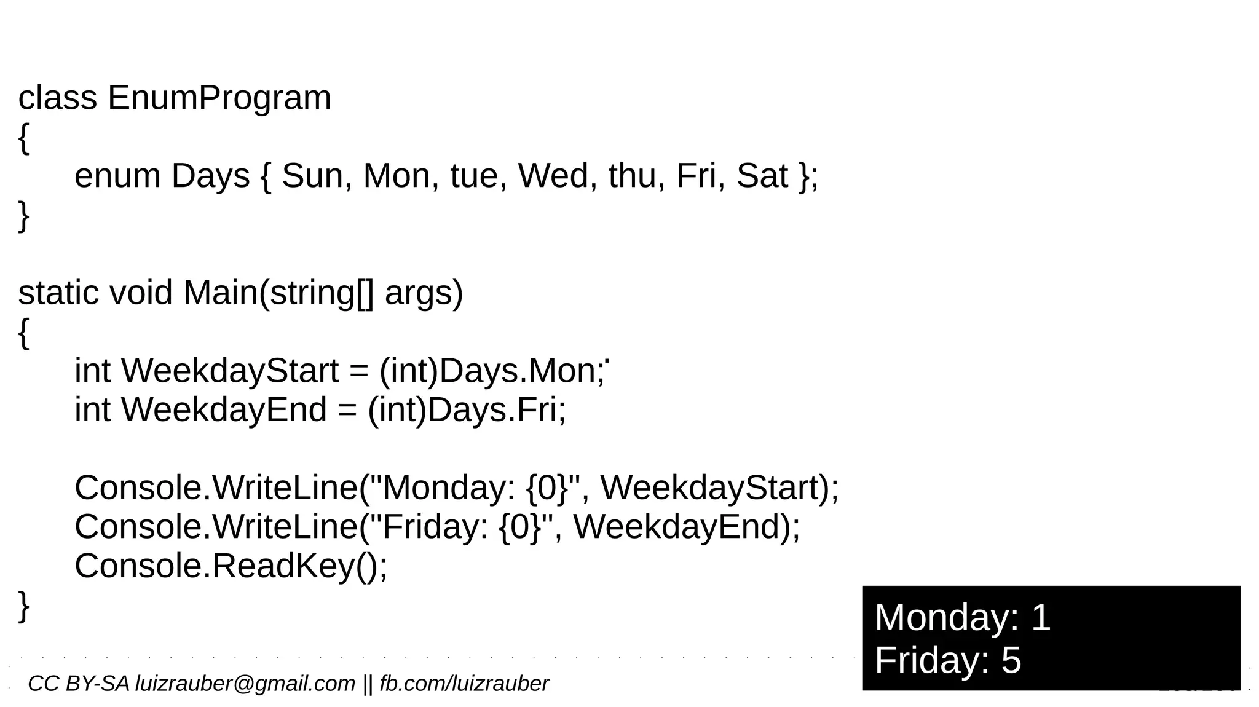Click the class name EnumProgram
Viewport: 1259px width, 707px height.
[219, 98]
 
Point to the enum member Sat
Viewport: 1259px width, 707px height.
[762, 176]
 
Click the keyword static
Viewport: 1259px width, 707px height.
[58, 293]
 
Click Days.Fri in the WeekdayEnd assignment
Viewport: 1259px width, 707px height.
[495, 410]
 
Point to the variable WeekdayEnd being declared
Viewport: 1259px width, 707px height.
[224, 410]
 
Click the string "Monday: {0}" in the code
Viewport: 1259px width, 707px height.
[474, 488]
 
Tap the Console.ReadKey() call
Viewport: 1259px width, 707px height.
[231, 566]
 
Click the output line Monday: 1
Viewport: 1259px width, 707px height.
[962, 617]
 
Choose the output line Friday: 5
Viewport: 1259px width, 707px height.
[947, 660]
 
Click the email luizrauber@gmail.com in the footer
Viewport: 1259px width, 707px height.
[245, 684]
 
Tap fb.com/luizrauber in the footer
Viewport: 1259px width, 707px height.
[464, 684]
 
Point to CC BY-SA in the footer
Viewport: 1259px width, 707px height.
[79, 684]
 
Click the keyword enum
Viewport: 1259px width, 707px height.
[117, 176]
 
